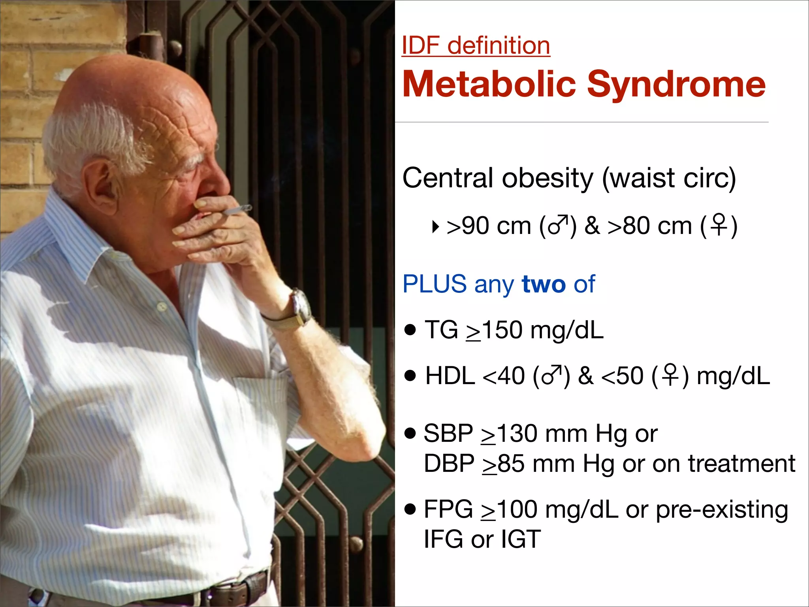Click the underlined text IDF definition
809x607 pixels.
click(x=476, y=46)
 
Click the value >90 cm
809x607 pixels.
click(x=489, y=226)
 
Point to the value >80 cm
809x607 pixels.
click(x=649, y=226)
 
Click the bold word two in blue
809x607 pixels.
click(x=543, y=284)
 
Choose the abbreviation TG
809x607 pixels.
click(x=441, y=330)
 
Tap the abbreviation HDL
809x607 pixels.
click(x=450, y=376)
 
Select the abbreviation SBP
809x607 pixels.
click(x=448, y=434)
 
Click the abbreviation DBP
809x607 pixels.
click(x=449, y=464)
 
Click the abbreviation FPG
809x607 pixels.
click(x=448, y=509)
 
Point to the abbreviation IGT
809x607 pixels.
click(x=521, y=539)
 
